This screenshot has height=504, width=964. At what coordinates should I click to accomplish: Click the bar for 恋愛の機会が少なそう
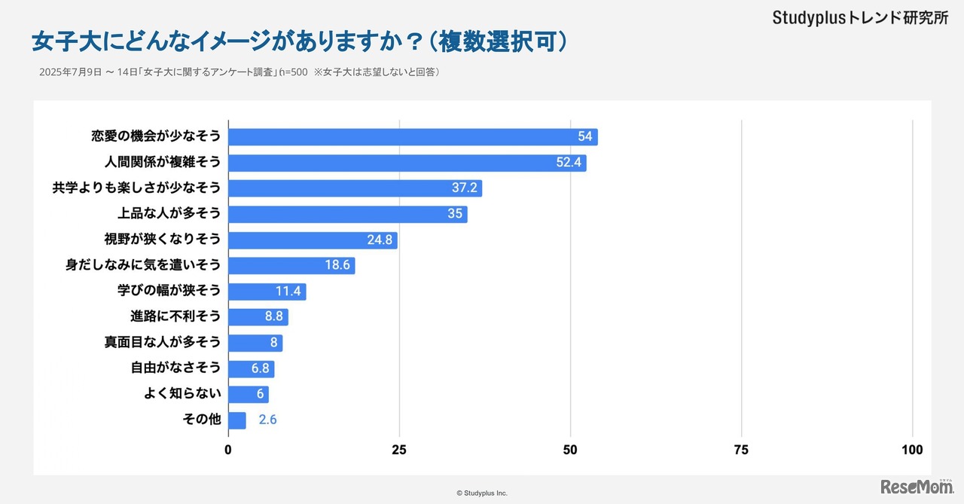point(412,137)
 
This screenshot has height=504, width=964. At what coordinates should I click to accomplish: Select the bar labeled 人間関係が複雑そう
point(407,163)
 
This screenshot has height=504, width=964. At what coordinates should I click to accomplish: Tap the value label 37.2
point(464,188)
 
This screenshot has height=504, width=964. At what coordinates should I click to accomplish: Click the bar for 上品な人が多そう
point(347,214)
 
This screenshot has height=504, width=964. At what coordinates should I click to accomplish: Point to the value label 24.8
point(380,240)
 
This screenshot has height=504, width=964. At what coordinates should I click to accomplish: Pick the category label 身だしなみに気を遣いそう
point(143,265)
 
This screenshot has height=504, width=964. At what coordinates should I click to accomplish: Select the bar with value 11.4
point(267,292)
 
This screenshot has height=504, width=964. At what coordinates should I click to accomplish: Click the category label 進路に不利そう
point(175,317)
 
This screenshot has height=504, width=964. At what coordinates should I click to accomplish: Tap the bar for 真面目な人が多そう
point(255,343)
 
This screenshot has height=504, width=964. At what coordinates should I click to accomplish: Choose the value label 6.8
point(260,369)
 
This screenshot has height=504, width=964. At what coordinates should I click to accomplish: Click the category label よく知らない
point(182,395)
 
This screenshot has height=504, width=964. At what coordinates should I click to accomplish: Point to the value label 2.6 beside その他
point(267,420)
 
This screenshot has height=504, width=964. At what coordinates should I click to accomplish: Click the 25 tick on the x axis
point(399,450)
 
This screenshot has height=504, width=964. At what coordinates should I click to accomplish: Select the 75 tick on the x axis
point(741,450)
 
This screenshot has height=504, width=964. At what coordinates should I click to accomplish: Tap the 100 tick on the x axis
point(912,450)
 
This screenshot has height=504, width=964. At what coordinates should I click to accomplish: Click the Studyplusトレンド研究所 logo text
point(860,18)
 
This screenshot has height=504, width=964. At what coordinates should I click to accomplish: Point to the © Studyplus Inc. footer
point(482,493)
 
